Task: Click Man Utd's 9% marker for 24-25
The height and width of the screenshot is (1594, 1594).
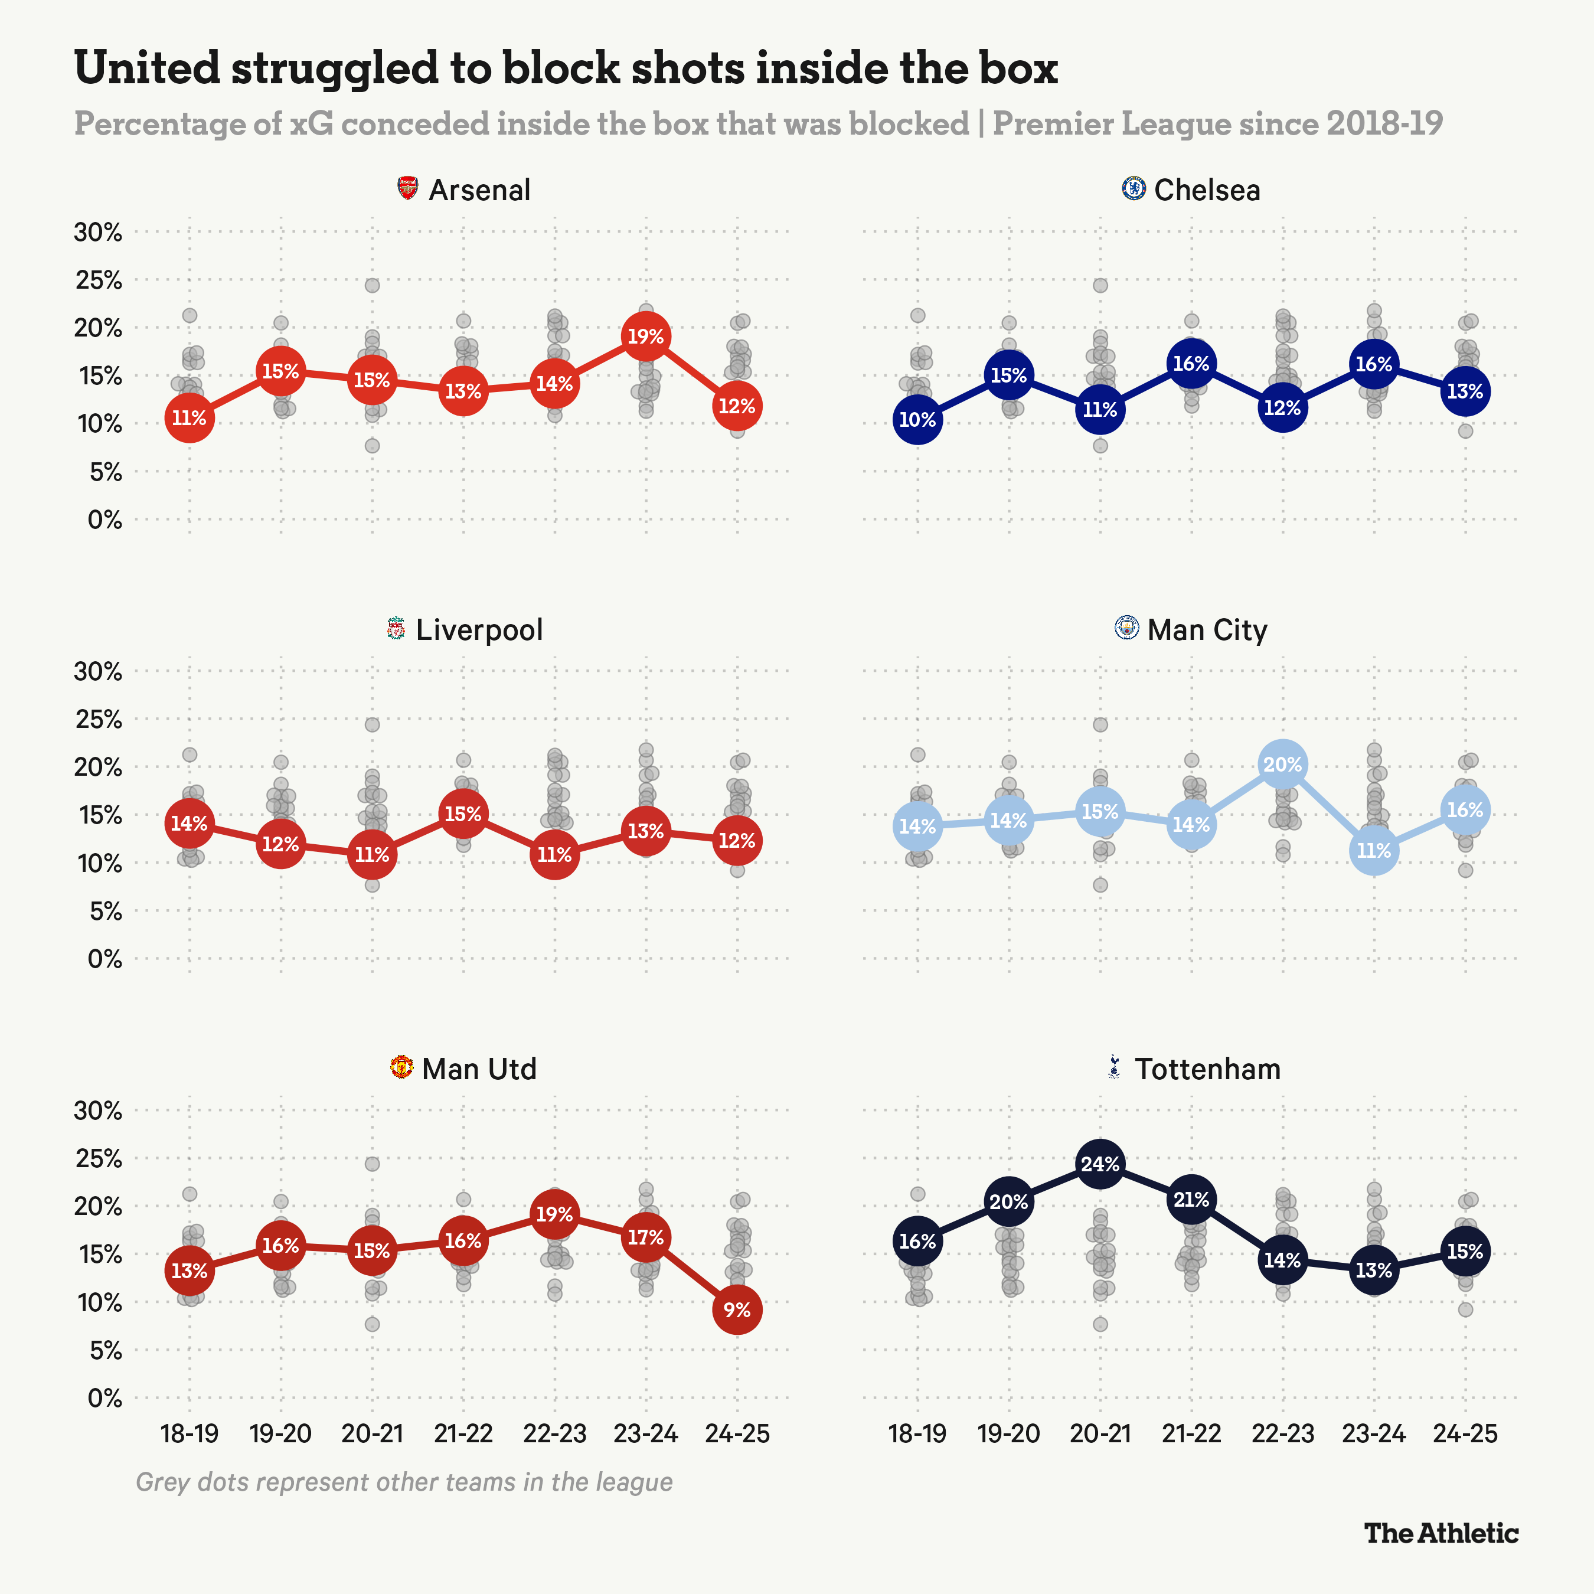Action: [737, 1309]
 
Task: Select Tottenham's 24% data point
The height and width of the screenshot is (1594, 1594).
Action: [1100, 1164]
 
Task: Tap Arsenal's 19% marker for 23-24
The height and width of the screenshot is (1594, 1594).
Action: [645, 337]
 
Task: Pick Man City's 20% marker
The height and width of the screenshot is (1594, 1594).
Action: [1282, 765]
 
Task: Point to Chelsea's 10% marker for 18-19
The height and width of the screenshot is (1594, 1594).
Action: [917, 419]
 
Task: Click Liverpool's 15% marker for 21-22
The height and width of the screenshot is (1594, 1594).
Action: [463, 814]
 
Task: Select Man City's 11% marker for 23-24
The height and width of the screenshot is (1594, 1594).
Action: [1374, 851]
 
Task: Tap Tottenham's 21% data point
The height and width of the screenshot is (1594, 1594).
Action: [1191, 1200]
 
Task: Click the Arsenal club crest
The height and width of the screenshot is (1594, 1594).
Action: [407, 188]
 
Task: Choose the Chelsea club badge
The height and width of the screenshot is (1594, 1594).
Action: [1134, 188]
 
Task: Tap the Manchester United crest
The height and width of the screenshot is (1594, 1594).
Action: [401, 1067]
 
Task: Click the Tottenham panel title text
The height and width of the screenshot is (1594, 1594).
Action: [1207, 1069]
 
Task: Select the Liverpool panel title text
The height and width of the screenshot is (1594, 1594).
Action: [479, 629]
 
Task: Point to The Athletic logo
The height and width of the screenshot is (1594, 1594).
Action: [1441, 1533]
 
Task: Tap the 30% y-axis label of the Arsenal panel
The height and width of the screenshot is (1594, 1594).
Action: [98, 232]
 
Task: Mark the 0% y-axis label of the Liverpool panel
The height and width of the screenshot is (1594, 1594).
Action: [104, 959]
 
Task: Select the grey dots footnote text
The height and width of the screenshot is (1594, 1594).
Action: [404, 1482]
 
